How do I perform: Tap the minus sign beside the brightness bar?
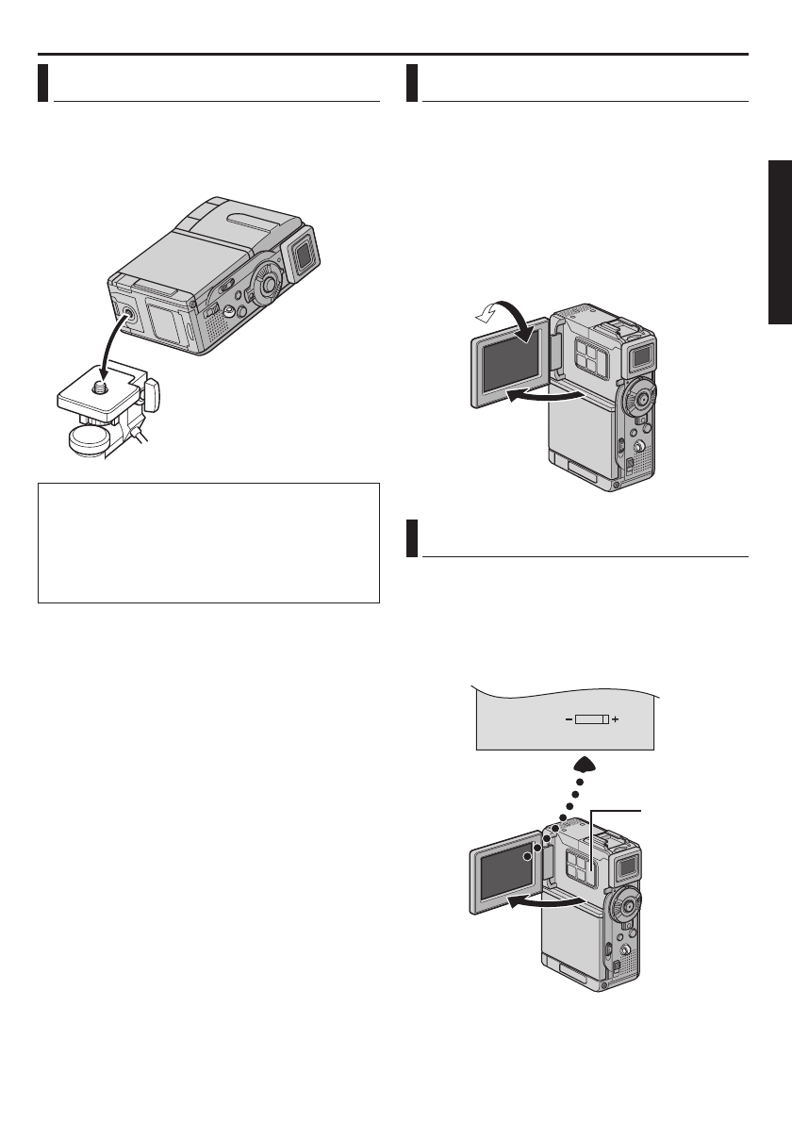(x=569, y=719)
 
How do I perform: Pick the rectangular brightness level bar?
(x=592, y=719)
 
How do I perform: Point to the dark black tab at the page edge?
(x=779, y=243)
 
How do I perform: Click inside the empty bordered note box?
(x=207, y=542)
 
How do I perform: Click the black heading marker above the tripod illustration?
(x=43, y=82)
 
